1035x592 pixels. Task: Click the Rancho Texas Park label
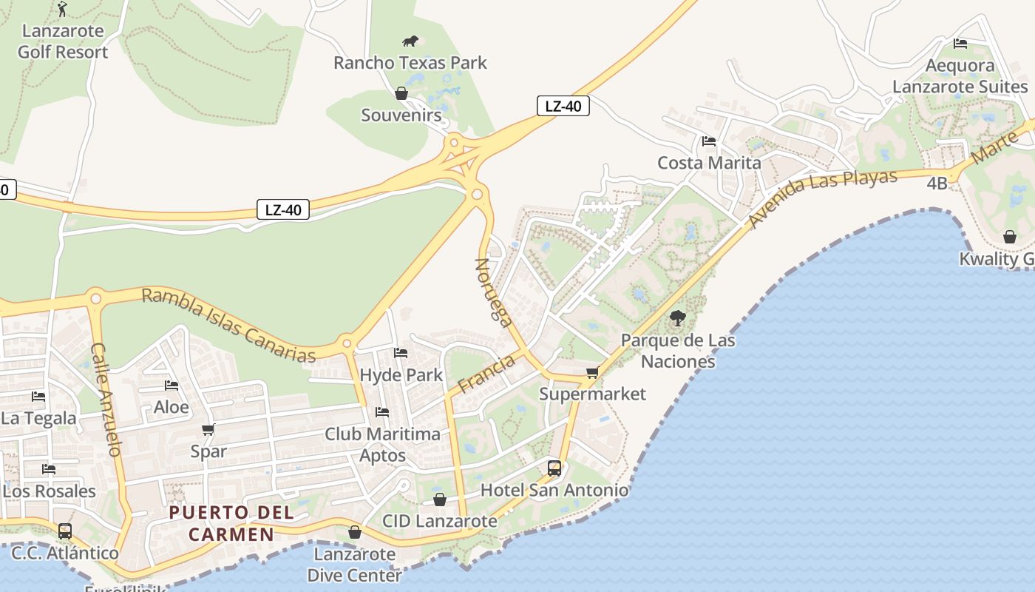[x=410, y=63]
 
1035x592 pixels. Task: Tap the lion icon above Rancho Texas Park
[x=410, y=41]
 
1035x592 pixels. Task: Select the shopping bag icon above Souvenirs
[x=401, y=93]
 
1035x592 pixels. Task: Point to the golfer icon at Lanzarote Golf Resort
[x=62, y=9]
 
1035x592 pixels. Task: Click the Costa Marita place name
[x=709, y=163]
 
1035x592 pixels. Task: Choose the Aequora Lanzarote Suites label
[x=960, y=76]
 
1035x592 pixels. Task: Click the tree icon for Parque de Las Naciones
[x=677, y=319]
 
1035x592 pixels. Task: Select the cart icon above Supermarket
[x=592, y=373]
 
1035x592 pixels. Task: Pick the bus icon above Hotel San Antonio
[x=554, y=468]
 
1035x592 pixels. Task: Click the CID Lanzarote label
[x=440, y=521]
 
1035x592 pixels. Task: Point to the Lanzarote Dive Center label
[x=354, y=565]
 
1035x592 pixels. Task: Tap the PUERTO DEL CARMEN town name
[x=231, y=523]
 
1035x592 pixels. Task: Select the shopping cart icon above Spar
[x=208, y=430]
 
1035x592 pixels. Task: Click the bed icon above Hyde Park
[x=401, y=353]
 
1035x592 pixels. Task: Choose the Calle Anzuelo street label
[x=106, y=399]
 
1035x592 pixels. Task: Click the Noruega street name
[x=494, y=292]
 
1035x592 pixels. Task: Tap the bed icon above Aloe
[x=172, y=386]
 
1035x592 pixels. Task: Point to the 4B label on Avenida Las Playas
[x=937, y=183]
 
